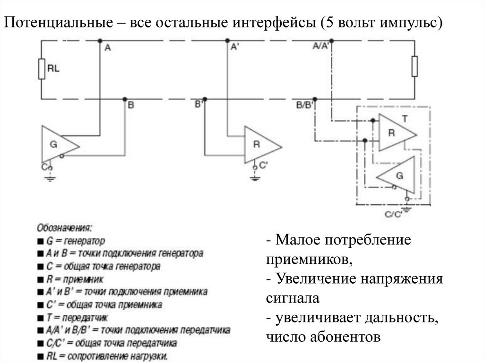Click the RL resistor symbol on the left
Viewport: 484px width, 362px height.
(41, 69)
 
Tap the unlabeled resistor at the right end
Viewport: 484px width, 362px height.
(415, 66)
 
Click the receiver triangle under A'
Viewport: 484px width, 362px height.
(260, 144)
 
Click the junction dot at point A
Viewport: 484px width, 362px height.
(100, 41)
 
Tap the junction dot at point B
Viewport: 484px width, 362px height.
(125, 99)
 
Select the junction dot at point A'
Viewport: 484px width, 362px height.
(227, 41)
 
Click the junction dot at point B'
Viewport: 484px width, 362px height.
(205, 99)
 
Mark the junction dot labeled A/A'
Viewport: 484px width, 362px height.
(332, 41)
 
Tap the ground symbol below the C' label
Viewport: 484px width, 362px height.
(255, 177)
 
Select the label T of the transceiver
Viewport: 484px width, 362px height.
(405, 118)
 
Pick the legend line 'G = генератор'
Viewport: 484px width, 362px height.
(70, 240)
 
